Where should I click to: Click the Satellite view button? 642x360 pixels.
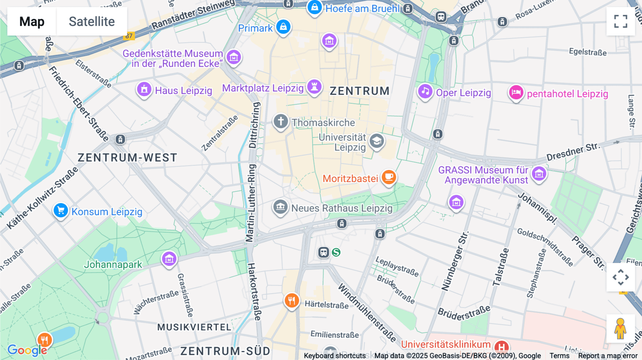pyautogui.click(x=92, y=21)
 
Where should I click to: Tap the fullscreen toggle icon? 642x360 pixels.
pyautogui.click(x=621, y=21)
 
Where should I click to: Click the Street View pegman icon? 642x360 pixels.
pyautogui.click(x=620, y=328)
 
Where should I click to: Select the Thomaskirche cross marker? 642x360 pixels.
pyautogui.click(x=281, y=121)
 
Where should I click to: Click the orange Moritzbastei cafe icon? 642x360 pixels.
pyautogui.click(x=389, y=177)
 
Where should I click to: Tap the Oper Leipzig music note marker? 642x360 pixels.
pyautogui.click(x=425, y=91)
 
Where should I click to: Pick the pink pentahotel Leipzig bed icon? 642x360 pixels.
pyautogui.click(x=516, y=93)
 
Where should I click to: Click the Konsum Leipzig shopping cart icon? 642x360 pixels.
pyautogui.click(x=61, y=210)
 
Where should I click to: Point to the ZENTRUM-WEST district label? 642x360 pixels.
pyautogui.click(x=127, y=158)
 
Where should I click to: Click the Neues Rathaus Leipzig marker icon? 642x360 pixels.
pyautogui.click(x=280, y=206)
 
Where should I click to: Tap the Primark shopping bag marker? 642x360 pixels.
pyautogui.click(x=284, y=27)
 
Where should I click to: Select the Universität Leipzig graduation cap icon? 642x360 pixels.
pyautogui.click(x=377, y=141)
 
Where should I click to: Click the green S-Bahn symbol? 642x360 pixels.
pyautogui.click(x=336, y=252)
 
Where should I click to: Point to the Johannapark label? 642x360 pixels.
pyautogui.click(x=113, y=264)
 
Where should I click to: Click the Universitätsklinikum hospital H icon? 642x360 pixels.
pyautogui.click(x=501, y=346)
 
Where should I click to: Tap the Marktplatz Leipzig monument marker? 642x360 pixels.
pyautogui.click(x=314, y=87)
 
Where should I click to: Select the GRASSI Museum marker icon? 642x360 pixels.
pyautogui.click(x=539, y=174)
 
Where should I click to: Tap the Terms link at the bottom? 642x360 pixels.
pyautogui.click(x=559, y=355)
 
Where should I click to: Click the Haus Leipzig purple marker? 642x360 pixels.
pyautogui.click(x=144, y=89)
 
